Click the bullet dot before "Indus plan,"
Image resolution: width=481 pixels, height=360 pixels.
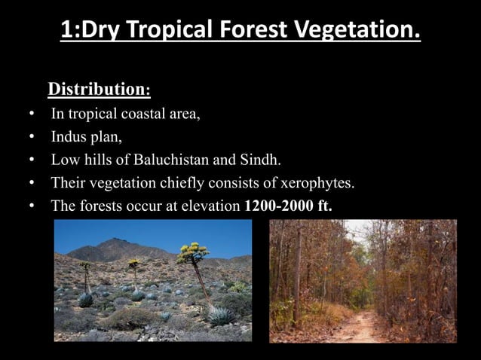coord(31,138)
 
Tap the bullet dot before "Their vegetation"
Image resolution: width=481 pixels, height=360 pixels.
coord(31,183)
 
